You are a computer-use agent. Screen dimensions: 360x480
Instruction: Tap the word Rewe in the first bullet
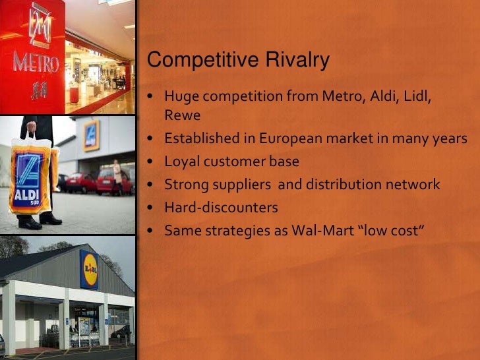(x=182, y=115)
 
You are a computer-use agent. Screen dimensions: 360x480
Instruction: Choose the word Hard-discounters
(x=221, y=208)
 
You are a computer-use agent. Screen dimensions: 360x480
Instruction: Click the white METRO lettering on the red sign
(x=36, y=64)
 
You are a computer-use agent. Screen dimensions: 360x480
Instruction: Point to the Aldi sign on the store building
(x=90, y=135)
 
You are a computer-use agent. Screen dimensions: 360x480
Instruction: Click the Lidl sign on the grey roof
(x=89, y=269)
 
